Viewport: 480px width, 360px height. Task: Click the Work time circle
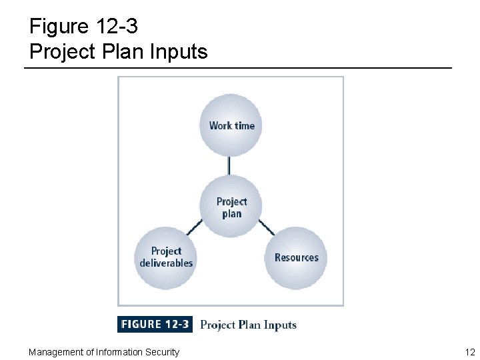[231, 125]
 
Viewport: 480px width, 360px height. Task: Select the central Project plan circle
[231, 207]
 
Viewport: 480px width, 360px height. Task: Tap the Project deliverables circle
[166, 257]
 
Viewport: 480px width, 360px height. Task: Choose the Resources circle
[296, 257]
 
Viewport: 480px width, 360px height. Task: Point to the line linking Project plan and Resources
[266, 227]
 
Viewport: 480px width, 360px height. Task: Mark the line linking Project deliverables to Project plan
[195, 227]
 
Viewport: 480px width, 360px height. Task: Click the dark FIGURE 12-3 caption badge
[155, 325]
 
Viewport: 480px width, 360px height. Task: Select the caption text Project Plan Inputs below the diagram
[248, 325]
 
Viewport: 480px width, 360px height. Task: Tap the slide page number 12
[470, 352]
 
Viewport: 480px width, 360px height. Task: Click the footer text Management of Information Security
[103, 352]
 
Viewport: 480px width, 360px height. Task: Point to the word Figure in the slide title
[59, 27]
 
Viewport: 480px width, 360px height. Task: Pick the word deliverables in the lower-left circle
[166, 263]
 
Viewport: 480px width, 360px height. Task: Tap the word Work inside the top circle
[220, 125]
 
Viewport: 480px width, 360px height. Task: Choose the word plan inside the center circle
[231, 213]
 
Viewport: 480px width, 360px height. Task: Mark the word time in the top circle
[244, 125]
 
